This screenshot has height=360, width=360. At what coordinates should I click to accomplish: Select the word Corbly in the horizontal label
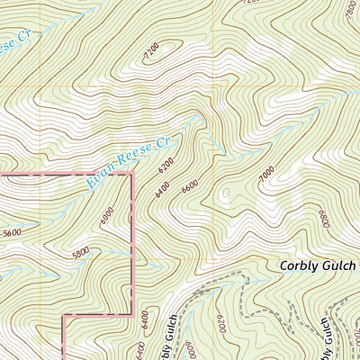point(301,266)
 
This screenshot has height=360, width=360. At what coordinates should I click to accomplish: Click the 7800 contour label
point(349,7)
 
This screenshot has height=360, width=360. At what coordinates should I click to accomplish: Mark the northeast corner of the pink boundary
point(132,174)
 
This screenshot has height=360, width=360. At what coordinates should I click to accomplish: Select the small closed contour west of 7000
point(225,192)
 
